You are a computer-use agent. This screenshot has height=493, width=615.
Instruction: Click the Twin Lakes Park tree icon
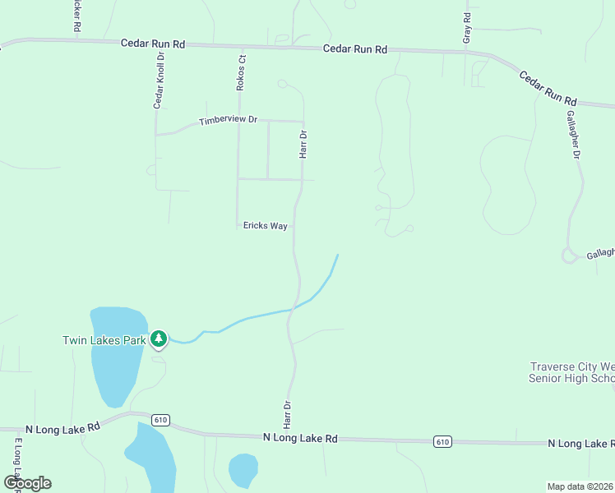pyautogui.click(x=158, y=339)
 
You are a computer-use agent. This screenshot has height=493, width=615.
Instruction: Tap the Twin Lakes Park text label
pyautogui.click(x=104, y=339)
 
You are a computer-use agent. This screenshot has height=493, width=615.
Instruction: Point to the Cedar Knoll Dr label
pyautogui.click(x=160, y=81)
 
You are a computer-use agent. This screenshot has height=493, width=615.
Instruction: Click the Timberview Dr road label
pyautogui.click(x=228, y=121)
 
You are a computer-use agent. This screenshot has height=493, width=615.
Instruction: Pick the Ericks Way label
pyautogui.click(x=265, y=226)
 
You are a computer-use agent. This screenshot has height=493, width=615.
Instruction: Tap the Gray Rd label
pyautogui.click(x=467, y=29)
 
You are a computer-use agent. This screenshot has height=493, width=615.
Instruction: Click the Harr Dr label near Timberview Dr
pyautogui.click(x=303, y=144)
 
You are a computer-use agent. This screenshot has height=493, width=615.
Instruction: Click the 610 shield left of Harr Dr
pyautogui.click(x=160, y=420)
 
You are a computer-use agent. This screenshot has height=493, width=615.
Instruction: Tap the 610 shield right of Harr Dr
pyautogui.click(x=442, y=442)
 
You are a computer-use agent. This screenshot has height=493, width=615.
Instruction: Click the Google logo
pyautogui.click(x=27, y=483)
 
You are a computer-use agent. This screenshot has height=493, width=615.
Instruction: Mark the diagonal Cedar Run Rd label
pyautogui.click(x=547, y=86)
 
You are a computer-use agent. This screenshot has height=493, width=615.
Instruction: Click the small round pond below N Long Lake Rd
pyautogui.click(x=243, y=471)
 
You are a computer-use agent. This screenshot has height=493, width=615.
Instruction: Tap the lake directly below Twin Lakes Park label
pyautogui.click(x=115, y=362)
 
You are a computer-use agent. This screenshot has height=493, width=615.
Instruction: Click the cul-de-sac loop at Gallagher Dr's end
pyautogui.click(x=569, y=256)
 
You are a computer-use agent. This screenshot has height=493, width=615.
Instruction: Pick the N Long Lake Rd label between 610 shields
pyautogui.click(x=300, y=439)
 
